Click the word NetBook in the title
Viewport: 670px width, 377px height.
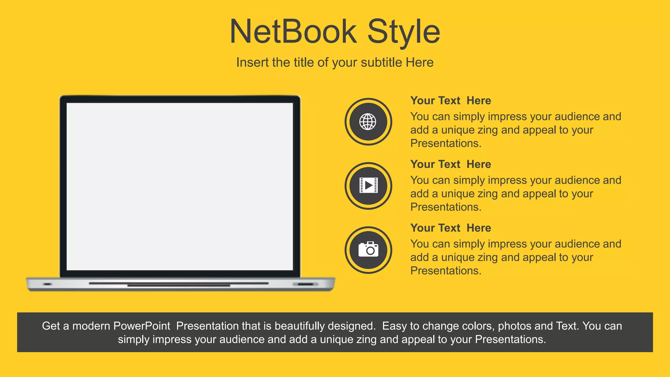(293, 32)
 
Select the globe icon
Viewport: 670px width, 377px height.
(368, 122)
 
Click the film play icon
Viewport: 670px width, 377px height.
(368, 186)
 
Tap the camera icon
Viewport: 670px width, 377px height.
(368, 250)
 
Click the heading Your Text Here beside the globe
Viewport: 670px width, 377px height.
(450, 100)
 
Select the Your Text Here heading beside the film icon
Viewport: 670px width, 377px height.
(450, 164)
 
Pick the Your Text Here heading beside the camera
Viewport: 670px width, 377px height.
(450, 228)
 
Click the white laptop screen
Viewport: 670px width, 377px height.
(180, 187)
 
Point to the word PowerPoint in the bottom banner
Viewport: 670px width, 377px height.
(142, 326)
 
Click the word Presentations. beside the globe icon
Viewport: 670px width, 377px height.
(446, 143)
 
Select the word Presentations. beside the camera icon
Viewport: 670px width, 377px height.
(446, 271)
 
